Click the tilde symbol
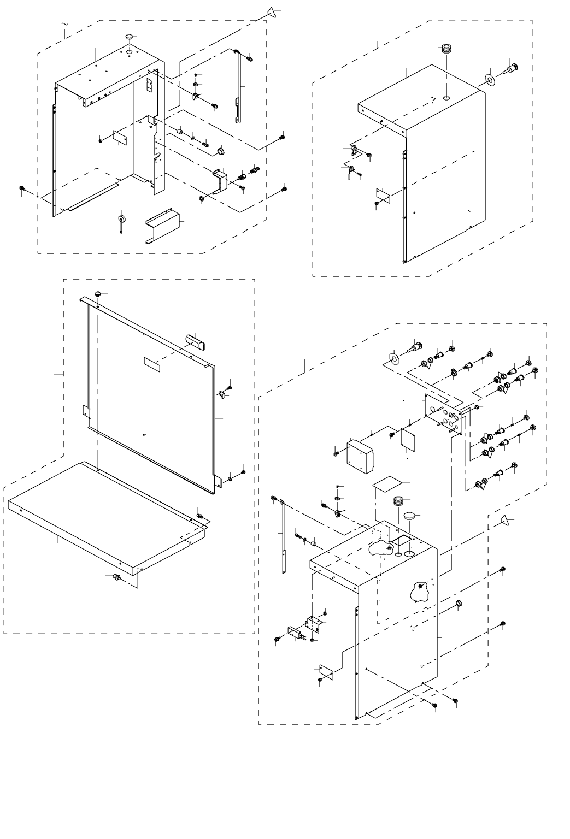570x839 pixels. [x=66, y=25]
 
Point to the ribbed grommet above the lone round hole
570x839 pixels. [x=447, y=49]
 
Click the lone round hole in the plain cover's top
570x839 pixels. [x=446, y=99]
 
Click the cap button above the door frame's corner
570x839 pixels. [x=98, y=295]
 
